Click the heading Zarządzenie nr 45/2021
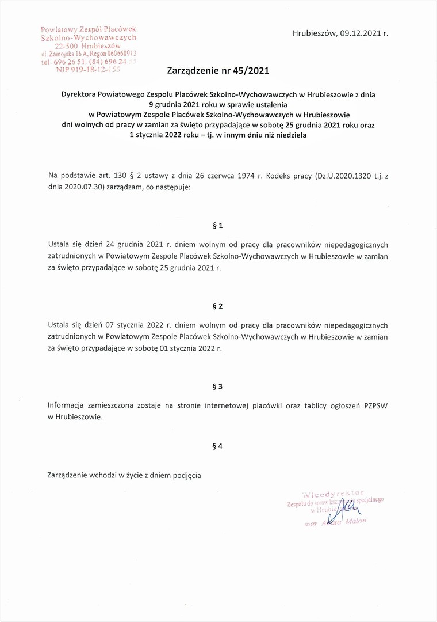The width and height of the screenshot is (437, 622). tap(218, 71)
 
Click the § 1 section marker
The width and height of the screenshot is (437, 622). tap(217, 225)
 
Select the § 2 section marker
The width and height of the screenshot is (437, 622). tap(217, 306)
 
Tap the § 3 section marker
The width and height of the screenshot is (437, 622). tap(217, 386)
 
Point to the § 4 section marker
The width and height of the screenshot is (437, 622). tap(217, 446)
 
